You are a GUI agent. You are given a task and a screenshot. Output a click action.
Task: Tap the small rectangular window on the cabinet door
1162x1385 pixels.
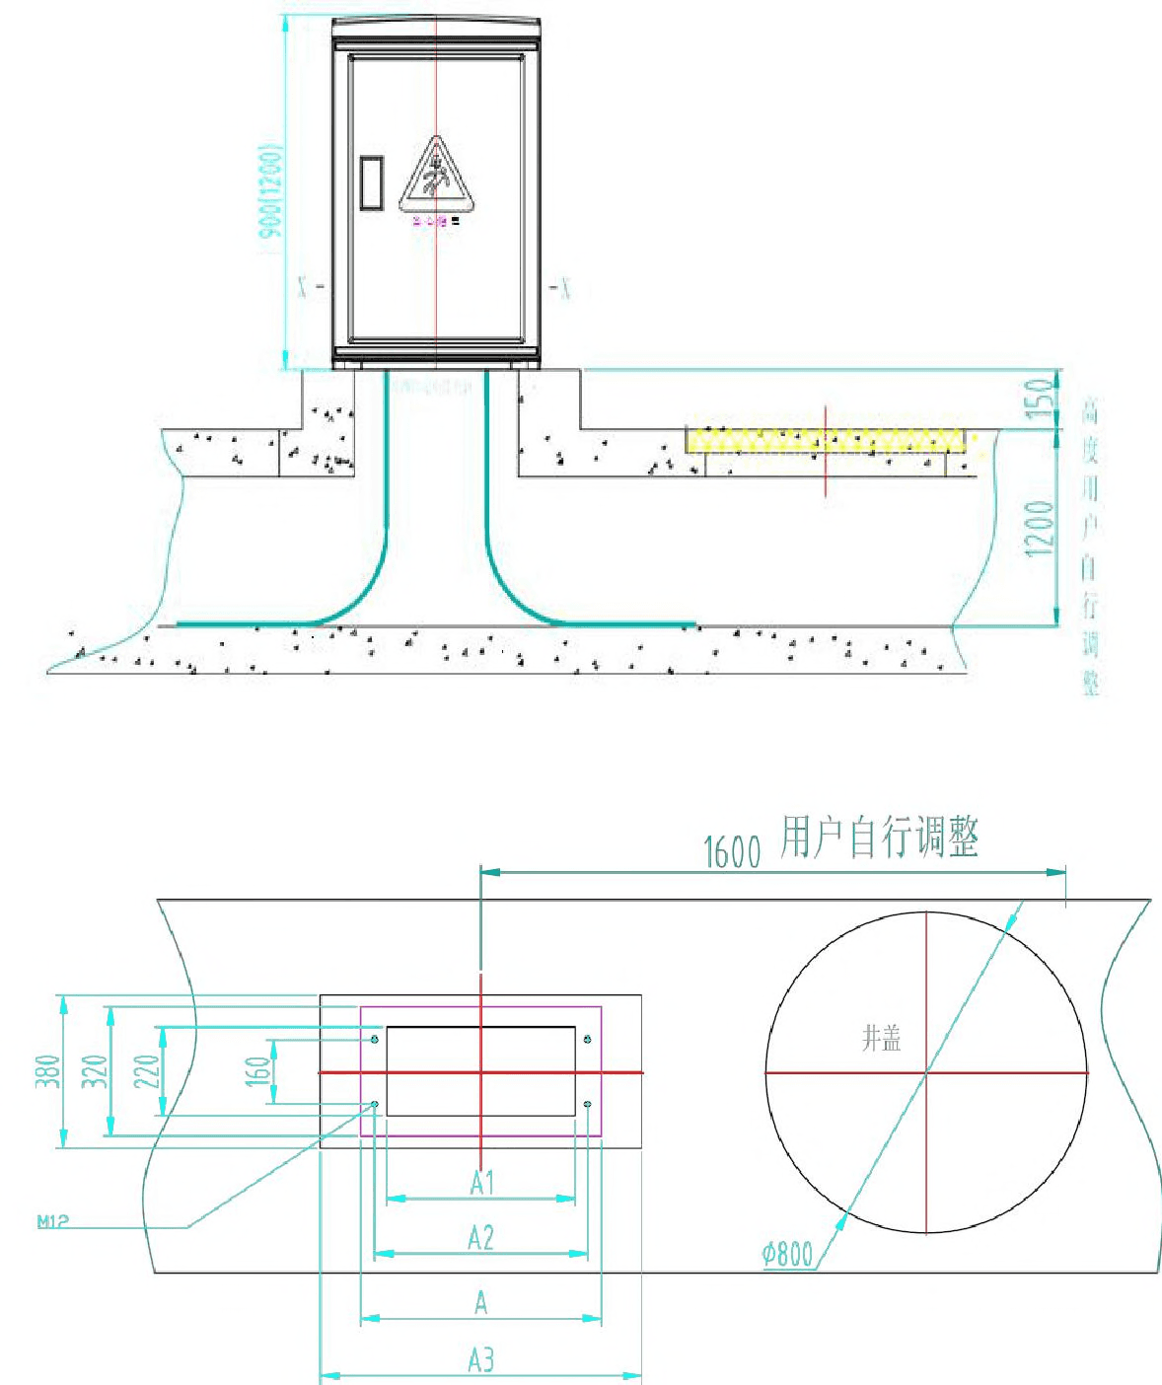(x=372, y=182)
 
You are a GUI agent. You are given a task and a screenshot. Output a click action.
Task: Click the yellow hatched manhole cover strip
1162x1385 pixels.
(x=827, y=440)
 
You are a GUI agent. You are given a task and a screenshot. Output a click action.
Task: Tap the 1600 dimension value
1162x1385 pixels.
(x=732, y=851)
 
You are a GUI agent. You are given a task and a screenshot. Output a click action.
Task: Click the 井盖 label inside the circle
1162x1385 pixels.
(x=881, y=1038)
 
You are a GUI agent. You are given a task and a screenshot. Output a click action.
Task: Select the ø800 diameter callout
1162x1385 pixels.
(x=787, y=1255)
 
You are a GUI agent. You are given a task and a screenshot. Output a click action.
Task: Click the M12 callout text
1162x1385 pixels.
(x=53, y=1221)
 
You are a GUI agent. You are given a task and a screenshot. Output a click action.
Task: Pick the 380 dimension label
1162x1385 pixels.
(x=47, y=1071)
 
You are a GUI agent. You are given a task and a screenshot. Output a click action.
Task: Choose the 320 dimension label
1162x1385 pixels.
(x=94, y=1071)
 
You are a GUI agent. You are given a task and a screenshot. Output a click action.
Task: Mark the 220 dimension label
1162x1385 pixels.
(x=146, y=1071)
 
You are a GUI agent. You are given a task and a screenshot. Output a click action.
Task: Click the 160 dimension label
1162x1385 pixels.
(x=256, y=1071)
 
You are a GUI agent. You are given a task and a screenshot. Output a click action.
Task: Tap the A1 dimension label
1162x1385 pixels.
(x=481, y=1182)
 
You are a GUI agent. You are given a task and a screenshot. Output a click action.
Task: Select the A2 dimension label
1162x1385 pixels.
(x=480, y=1237)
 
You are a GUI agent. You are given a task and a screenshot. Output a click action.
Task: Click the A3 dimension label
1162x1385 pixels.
(x=480, y=1360)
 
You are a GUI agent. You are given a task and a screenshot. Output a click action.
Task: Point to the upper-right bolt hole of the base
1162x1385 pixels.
(x=588, y=1039)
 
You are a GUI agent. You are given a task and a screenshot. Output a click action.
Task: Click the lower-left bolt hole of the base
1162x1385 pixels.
(x=375, y=1104)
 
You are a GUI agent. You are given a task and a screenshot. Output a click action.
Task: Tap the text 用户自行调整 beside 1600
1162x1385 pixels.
(x=879, y=838)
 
